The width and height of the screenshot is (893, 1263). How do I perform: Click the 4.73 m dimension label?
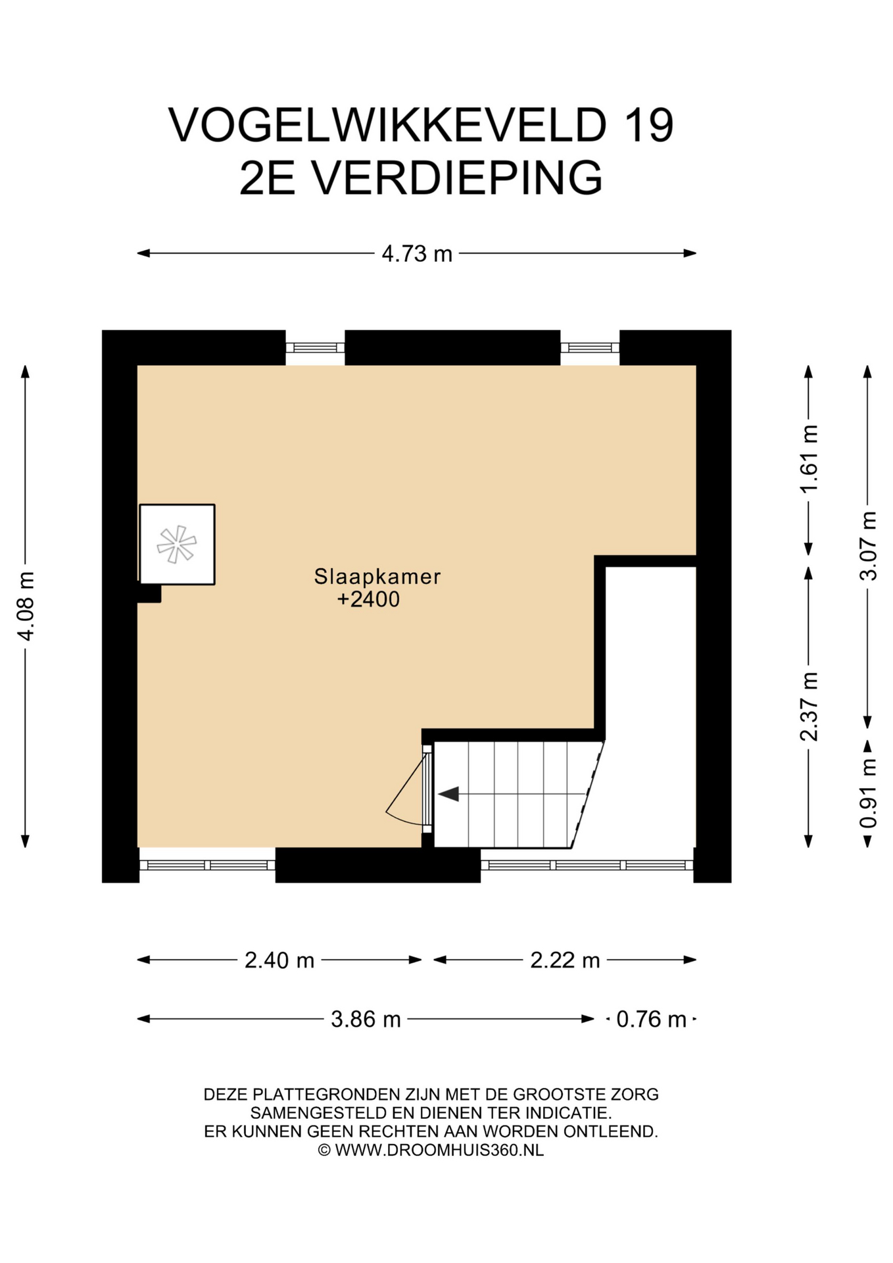tap(417, 253)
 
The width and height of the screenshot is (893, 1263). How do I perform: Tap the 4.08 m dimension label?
tap(26, 606)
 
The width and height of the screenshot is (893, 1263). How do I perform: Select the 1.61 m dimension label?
tap(809, 458)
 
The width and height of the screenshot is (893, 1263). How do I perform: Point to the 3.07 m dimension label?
tap(868, 545)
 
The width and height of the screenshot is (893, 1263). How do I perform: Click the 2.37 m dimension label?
tap(809, 706)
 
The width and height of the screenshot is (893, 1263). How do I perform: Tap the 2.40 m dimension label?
tap(279, 960)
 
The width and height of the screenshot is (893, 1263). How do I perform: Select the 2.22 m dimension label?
tap(565, 960)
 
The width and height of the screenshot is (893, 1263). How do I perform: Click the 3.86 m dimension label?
tap(366, 1019)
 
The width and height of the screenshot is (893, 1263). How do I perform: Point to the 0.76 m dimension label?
tap(651, 1019)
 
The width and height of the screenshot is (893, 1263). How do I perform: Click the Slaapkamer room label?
tap(377, 576)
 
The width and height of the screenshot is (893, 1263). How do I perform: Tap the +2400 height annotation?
tap(368, 599)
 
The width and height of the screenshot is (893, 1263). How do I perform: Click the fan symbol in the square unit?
tap(177, 544)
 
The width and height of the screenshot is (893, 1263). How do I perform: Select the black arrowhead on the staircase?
tap(448, 794)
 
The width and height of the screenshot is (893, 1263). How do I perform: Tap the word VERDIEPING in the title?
tap(456, 178)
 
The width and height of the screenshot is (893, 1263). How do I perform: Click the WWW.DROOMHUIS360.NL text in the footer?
tap(439, 1150)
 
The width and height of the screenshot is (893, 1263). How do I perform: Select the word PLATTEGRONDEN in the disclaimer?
tap(327, 1095)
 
